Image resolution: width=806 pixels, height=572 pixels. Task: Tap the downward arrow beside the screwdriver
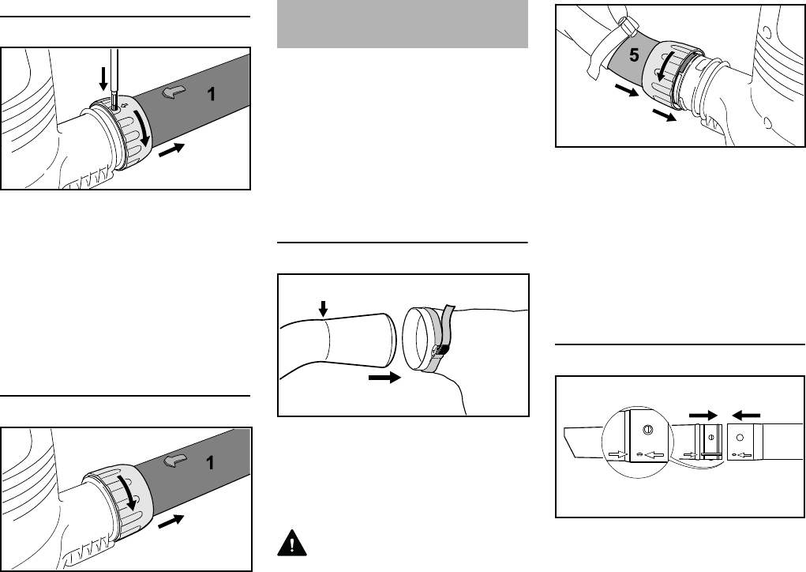pyautogui.click(x=103, y=79)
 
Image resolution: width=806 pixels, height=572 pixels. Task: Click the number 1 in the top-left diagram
pyautogui.click(x=211, y=94)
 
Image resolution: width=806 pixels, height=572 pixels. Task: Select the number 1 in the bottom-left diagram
pyautogui.click(x=210, y=463)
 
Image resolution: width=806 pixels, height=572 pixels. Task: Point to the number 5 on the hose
pyautogui.click(x=635, y=55)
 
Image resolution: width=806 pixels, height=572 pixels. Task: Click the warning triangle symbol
pyautogui.click(x=292, y=543)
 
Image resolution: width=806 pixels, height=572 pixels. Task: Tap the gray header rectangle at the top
pyautogui.click(x=403, y=24)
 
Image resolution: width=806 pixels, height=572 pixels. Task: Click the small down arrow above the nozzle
pyautogui.click(x=323, y=309)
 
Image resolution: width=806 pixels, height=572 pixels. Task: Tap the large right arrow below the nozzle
pyautogui.click(x=385, y=378)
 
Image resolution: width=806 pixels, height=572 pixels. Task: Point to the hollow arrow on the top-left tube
pyautogui.click(x=174, y=92)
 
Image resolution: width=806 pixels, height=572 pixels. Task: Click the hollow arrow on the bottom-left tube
pyautogui.click(x=174, y=461)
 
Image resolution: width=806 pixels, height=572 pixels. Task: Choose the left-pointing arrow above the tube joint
pyautogui.click(x=746, y=415)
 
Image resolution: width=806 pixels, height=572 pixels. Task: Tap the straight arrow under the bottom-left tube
pyautogui.click(x=171, y=521)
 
